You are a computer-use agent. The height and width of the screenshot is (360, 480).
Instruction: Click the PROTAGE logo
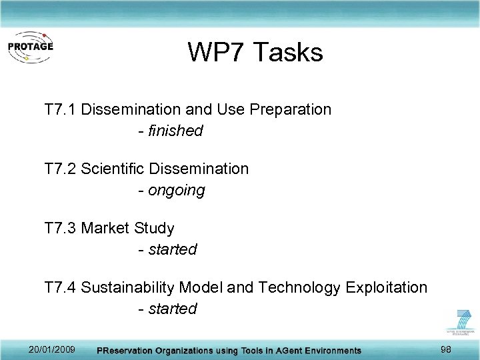[x=30, y=47]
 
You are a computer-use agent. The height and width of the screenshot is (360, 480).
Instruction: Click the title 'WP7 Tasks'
[x=255, y=52]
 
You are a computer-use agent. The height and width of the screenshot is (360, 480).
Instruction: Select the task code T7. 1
[x=60, y=109]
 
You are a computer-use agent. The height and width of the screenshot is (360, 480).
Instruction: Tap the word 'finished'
[x=175, y=131]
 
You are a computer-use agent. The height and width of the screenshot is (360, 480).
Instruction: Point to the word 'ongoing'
[x=177, y=191]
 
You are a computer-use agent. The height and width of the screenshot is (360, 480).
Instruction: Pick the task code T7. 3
[x=60, y=228]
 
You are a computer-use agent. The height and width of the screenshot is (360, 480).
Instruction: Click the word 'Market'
[x=105, y=228]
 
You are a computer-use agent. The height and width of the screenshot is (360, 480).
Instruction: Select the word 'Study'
[x=154, y=228]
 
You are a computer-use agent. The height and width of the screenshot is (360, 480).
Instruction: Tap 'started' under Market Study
[x=173, y=250]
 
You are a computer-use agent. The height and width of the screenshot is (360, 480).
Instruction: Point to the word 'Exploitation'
[x=386, y=287]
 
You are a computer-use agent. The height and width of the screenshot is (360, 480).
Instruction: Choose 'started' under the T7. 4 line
[x=173, y=309]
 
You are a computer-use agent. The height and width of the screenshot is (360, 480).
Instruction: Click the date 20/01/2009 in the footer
[x=52, y=350]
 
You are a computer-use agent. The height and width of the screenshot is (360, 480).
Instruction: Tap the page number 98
[x=447, y=350]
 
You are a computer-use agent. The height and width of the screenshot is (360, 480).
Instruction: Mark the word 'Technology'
[x=299, y=287]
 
